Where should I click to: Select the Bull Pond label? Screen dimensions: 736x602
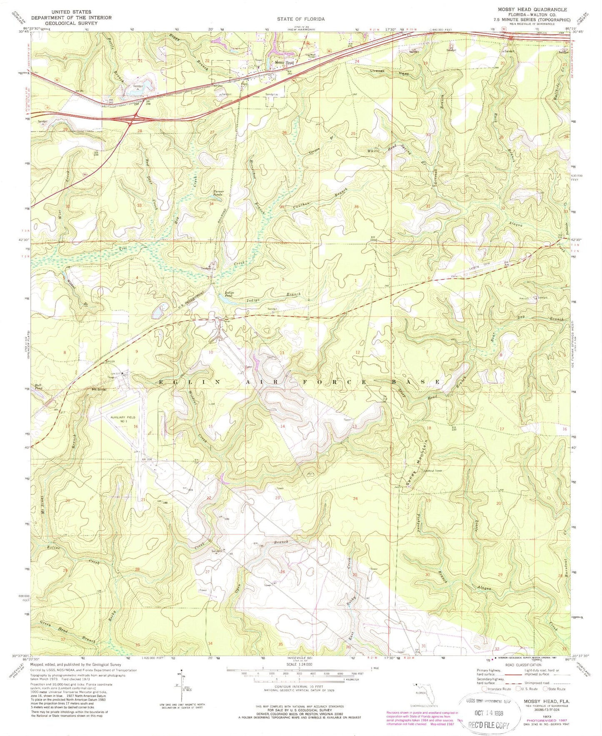point(38,387)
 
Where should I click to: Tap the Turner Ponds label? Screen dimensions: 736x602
point(219,193)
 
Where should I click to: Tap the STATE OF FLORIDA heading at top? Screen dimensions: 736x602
point(300,19)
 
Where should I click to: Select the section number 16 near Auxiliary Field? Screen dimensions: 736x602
point(136,427)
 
